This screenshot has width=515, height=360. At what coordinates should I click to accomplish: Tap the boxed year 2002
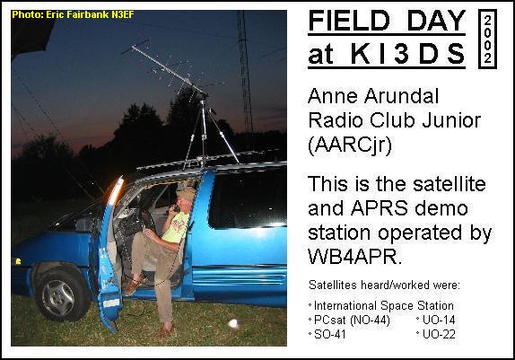click(x=488, y=40)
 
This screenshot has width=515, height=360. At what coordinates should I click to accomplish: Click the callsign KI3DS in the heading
click(x=408, y=54)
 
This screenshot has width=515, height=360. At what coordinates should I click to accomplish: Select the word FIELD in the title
click(x=349, y=21)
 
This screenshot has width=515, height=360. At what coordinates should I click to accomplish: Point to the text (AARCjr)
click(x=350, y=145)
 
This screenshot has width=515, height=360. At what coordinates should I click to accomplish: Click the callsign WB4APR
click(x=354, y=256)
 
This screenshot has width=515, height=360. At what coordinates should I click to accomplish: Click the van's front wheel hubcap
click(x=58, y=297)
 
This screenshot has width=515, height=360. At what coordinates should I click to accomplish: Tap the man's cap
click(x=185, y=194)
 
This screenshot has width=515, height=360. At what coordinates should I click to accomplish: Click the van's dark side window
click(x=248, y=199)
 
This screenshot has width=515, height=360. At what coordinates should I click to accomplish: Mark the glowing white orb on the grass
click(x=233, y=323)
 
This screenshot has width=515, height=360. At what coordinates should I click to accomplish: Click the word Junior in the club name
click(x=451, y=120)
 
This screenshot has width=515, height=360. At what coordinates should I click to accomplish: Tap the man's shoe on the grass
click(x=165, y=329)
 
